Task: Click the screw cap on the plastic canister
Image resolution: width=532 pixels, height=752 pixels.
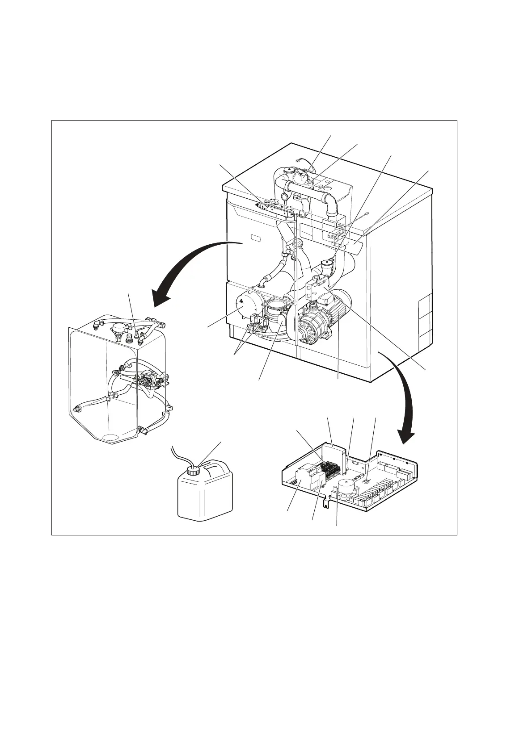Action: point(193,471)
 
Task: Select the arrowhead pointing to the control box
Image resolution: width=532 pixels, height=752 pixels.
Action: point(407,436)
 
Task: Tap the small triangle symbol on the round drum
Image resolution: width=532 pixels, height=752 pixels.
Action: point(241,301)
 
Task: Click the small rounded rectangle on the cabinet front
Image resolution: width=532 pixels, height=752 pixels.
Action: point(255,238)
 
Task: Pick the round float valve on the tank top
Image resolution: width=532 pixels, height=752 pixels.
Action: point(118,327)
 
